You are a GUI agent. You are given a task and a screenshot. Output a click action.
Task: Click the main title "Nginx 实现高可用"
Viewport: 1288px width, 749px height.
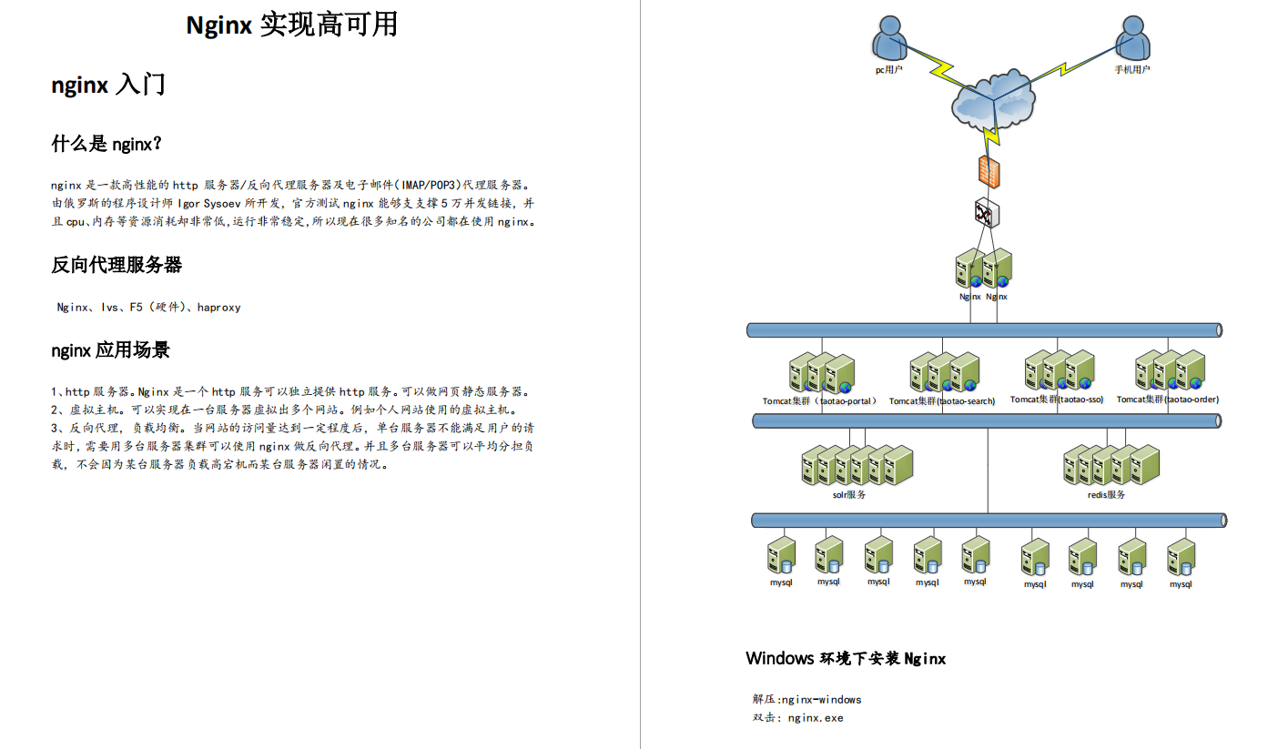[x=291, y=25]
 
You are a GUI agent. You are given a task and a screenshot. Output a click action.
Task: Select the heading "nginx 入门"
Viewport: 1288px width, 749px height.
[x=108, y=86]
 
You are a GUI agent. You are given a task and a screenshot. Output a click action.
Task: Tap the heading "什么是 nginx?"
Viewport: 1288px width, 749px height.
[x=106, y=144]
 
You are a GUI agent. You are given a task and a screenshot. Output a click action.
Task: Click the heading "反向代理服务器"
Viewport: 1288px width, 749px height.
[x=117, y=265]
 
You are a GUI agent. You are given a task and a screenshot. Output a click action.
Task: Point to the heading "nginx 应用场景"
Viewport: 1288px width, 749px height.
[x=110, y=350]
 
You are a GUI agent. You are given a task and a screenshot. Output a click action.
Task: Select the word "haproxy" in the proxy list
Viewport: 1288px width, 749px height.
[x=218, y=308]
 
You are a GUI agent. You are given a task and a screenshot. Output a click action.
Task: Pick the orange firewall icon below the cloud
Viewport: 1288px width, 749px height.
[x=987, y=170]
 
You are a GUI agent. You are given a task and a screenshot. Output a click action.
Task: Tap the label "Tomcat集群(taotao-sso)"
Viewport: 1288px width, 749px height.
[x=1057, y=400]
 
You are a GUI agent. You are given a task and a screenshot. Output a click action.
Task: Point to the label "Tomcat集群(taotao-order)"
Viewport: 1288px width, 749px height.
[x=1168, y=400]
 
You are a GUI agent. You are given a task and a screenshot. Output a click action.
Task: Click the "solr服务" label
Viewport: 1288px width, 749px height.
[x=849, y=495]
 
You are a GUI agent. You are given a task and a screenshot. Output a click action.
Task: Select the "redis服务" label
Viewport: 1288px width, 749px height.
[x=1107, y=495]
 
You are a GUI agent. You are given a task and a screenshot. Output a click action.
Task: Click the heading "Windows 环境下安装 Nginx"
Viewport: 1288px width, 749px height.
[x=846, y=658]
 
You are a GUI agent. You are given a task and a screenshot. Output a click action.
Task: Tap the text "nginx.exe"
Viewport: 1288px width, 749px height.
[x=816, y=718]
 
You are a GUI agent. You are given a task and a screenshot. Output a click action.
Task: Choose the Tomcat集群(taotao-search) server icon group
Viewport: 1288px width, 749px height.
[x=944, y=373]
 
